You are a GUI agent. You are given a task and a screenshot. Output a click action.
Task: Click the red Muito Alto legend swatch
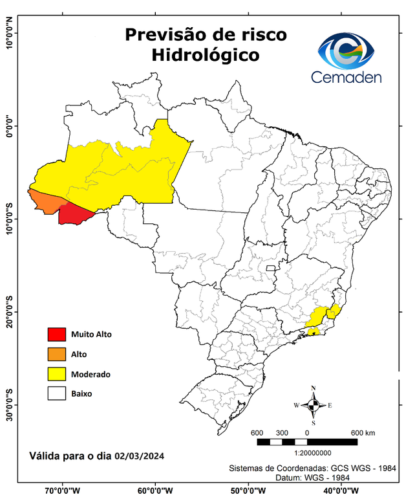(x=57, y=334)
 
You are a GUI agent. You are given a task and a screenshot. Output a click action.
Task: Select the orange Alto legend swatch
(x=57, y=354)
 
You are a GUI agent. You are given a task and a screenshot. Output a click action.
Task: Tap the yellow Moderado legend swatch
(x=57, y=374)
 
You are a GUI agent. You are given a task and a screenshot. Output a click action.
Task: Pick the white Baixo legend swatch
(x=57, y=393)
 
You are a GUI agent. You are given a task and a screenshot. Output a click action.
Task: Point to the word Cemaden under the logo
(x=346, y=77)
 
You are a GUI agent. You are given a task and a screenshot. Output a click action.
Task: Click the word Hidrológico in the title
(x=206, y=56)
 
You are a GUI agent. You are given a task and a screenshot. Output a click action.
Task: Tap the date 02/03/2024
(x=139, y=456)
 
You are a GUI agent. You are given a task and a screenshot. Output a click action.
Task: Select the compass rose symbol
(x=314, y=405)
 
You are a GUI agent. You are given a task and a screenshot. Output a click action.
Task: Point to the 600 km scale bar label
(x=363, y=432)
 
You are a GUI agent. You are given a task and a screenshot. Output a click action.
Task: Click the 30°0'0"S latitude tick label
(x=9, y=404)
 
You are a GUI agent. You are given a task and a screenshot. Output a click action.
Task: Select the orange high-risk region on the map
(x=47, y=201)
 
